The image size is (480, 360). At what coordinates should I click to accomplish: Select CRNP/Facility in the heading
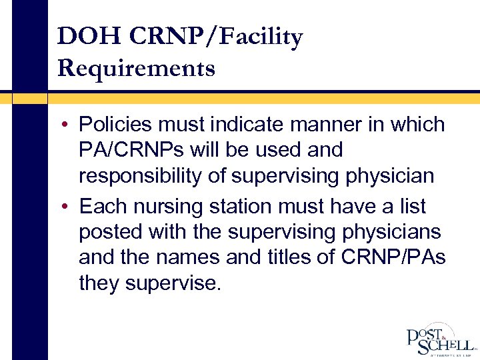coord(215,37)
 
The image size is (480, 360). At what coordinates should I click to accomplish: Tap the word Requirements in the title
coord(136,68)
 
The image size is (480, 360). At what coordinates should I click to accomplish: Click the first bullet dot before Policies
coord(69,125)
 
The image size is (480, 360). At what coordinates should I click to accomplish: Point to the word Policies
coord(115,125)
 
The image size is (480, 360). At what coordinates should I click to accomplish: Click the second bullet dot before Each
coord(69,207)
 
